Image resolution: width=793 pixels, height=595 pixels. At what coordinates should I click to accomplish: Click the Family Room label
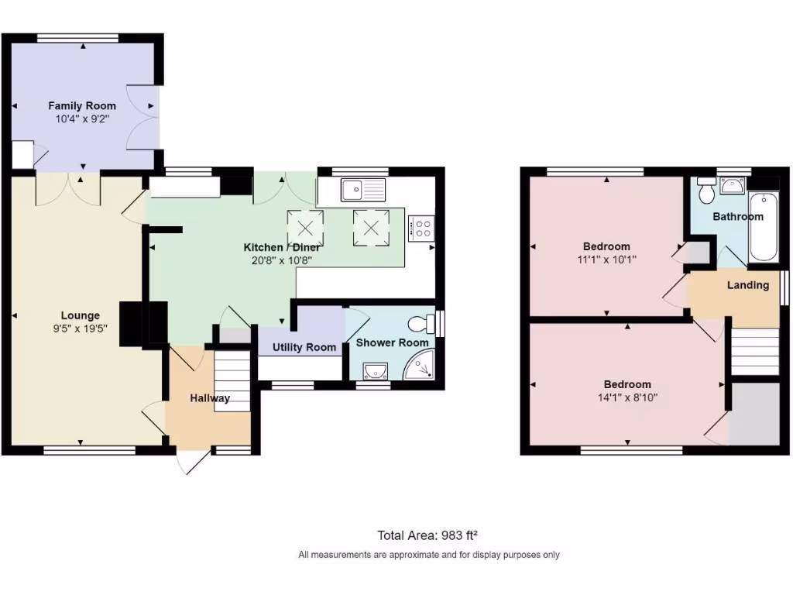click(x=82, y=106)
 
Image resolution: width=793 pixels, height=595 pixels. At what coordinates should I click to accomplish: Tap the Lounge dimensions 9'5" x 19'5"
click(x=81, y=328)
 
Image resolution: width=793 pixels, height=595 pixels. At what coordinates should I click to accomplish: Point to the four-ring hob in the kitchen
click(x=423, y=229)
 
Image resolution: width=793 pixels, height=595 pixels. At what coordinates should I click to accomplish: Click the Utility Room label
click(x=304, y=347)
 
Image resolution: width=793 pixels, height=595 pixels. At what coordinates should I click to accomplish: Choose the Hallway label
click(x=210, y=398)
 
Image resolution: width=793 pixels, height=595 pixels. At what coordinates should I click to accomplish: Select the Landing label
click(x=747, y=285)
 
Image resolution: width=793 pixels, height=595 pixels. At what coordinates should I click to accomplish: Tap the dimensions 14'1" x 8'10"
click(x=627, y=397)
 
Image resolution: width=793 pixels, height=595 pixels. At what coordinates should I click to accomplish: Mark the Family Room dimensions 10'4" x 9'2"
click(x=82, y=119)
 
